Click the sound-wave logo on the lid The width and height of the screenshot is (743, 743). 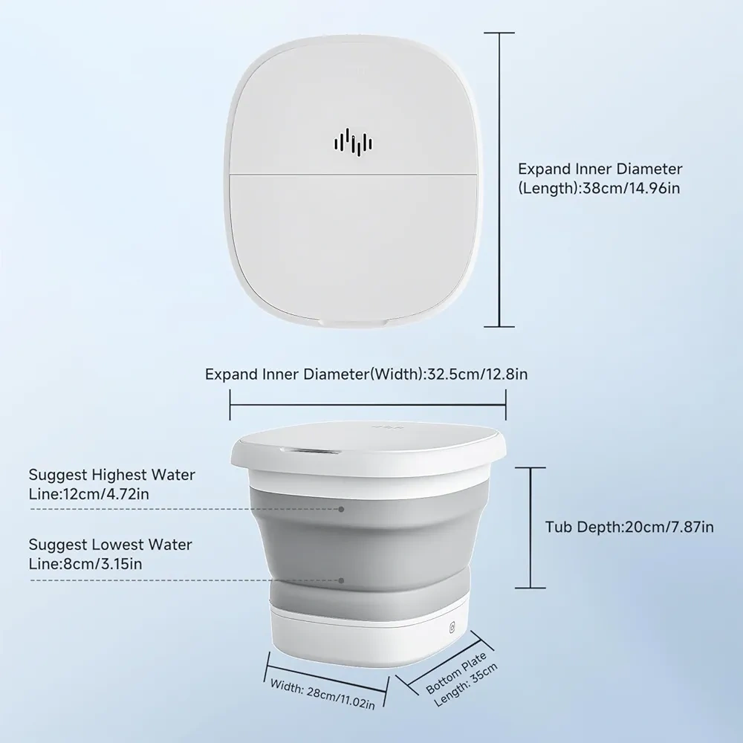click(x=354, y=143)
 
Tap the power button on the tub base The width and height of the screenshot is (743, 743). click(x=452, y=627)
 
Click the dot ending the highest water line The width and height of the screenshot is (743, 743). click(x=341, y=510)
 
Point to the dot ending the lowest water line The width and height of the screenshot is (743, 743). click(x=341, y=580)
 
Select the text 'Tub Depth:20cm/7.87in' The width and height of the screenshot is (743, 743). click(x=629, y=527)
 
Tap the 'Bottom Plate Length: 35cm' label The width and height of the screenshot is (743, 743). click(x=462, y=680)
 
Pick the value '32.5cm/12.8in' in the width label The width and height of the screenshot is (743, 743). click(x=478, y=374)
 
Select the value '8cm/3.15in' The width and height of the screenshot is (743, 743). click(x=103, y=565)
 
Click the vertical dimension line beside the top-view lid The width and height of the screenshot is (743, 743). click(x=499, y=180)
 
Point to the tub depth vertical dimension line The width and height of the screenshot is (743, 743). click(x=531, y=528)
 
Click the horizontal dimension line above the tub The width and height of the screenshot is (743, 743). click(x=368, y=405)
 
